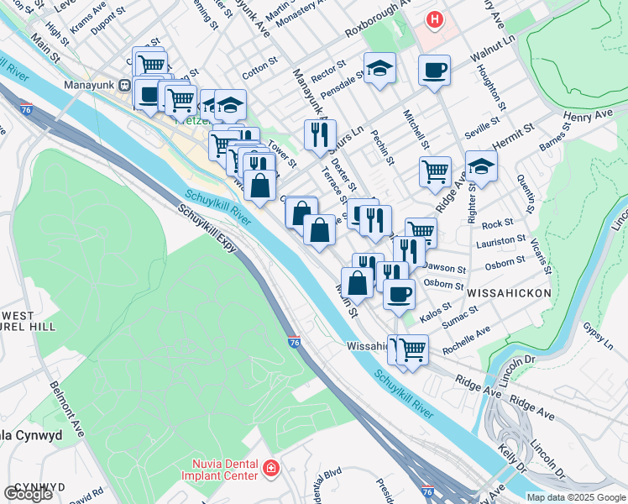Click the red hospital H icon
click(434, 19)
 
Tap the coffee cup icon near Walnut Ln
click(434, 71)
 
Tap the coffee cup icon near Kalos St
click(399, 293)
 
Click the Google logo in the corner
click(28, 494)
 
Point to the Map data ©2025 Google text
click(576, 497)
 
